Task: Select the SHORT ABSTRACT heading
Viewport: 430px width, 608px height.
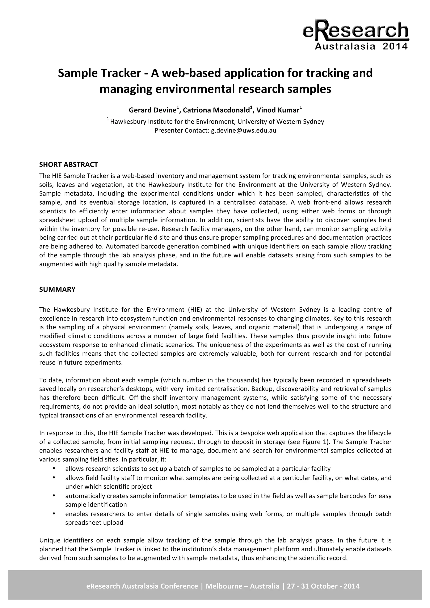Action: (68, 164)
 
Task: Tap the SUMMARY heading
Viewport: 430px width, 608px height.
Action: (57, 290)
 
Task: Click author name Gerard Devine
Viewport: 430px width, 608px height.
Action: (152, 110)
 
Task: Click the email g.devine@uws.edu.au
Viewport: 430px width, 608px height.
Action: (244, 130)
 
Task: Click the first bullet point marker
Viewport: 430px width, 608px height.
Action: (54, 468)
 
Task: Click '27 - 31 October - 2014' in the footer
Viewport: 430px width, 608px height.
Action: (323, 586)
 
